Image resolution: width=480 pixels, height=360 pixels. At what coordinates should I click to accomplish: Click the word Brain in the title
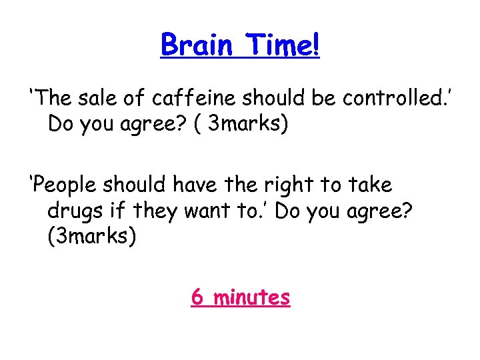(197, 45)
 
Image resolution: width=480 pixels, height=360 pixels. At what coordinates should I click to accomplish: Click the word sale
(99, 99)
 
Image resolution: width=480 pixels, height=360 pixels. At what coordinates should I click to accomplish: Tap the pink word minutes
(252, 297)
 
